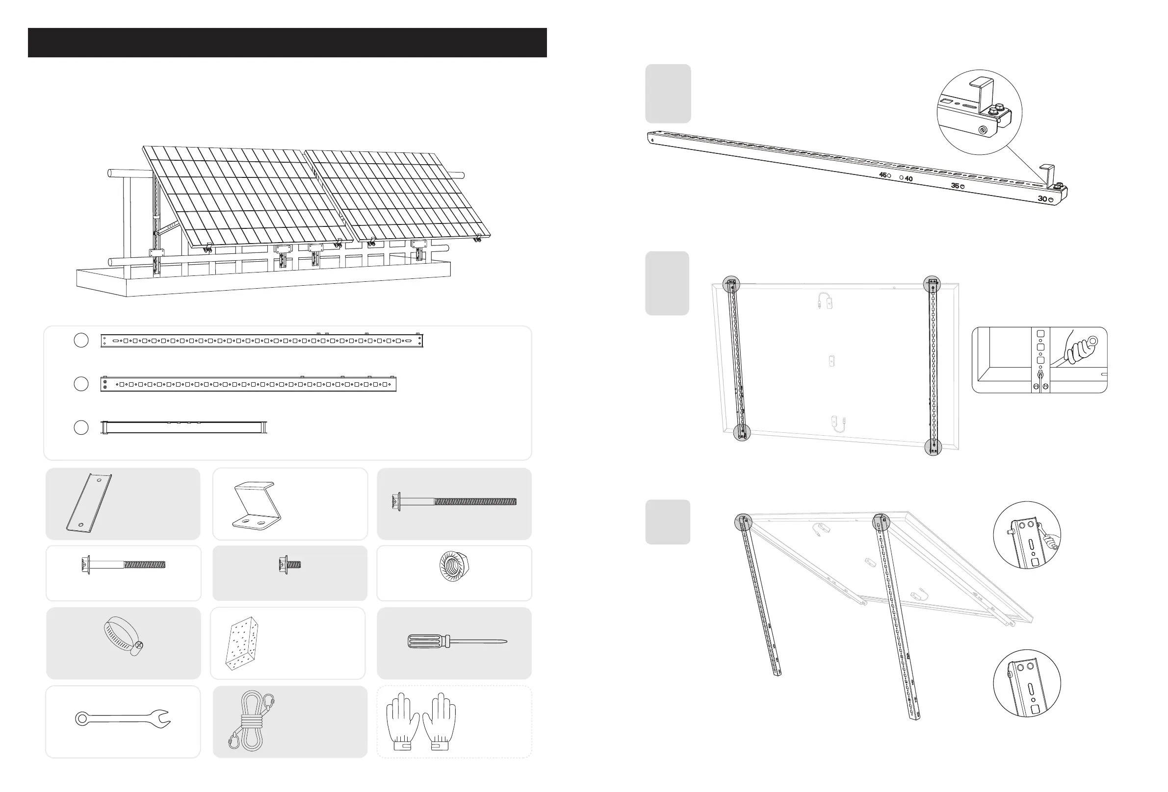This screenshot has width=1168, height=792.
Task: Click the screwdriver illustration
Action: pos(456,642)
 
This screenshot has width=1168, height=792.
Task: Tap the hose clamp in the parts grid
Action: pos(124,637)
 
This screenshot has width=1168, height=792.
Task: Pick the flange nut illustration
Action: pos(454,567)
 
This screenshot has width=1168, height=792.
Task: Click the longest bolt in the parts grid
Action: pos(454,501)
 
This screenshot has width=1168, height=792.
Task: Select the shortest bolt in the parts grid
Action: pos(289,565)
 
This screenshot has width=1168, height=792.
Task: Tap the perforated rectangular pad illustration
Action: pos(243,643)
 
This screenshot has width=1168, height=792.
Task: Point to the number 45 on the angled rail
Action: pos(882,175)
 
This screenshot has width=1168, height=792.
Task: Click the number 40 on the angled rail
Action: pos(908,178)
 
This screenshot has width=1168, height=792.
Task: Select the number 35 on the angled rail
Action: pos(955,186)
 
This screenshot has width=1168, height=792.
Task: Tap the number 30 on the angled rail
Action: pos(1042,199)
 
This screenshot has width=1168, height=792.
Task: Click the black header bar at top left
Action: pos(287,43)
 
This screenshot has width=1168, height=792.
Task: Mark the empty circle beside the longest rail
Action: pos(81,340)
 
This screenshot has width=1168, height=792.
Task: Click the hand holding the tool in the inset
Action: pos(1079,346)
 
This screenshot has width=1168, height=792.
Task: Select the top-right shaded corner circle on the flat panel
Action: pos(932,284)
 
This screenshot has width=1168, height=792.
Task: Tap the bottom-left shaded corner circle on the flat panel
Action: pos(741,432)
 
